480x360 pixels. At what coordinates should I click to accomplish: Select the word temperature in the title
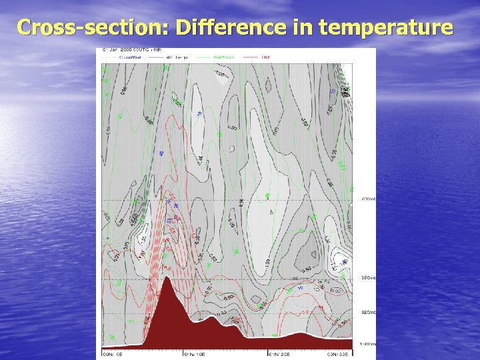tap(387, 28)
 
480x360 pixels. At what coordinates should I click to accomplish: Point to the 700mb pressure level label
tap(368, 199)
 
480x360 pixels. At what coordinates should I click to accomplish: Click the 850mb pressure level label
tap(368, 277)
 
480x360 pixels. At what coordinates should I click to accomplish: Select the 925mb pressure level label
tap(368, 312)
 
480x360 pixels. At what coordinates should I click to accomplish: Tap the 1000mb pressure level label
tap(368, 344)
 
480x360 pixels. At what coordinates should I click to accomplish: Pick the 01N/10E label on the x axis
tap(193, 355)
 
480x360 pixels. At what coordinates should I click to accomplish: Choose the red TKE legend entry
tap(265, 57)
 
